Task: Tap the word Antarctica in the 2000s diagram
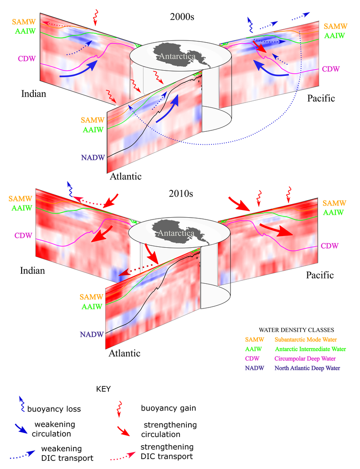[180, 57]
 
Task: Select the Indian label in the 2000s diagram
[34, 94]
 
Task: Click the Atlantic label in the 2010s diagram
[125, 353]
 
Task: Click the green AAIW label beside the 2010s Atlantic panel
[91, 307]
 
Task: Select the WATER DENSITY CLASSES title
[296, 330]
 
